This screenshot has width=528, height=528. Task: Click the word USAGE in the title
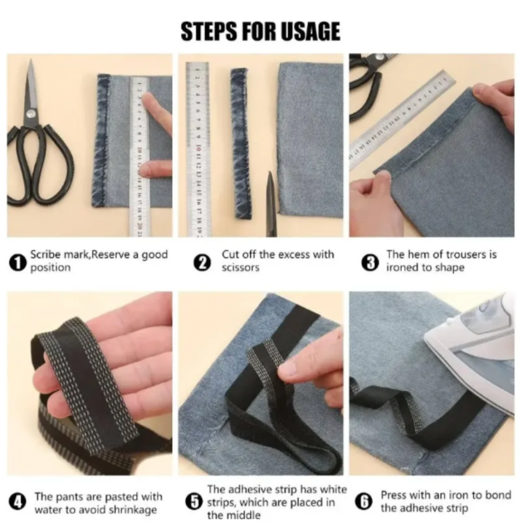310,32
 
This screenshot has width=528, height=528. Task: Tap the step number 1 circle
17,262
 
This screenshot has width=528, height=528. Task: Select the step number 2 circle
202,263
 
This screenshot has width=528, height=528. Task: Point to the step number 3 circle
370,263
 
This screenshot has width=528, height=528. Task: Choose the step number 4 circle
17,502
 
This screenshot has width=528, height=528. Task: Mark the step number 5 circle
194,502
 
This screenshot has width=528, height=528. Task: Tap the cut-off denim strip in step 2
241,144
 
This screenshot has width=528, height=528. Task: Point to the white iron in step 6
472,354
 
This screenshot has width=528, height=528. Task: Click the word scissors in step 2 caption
241,268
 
